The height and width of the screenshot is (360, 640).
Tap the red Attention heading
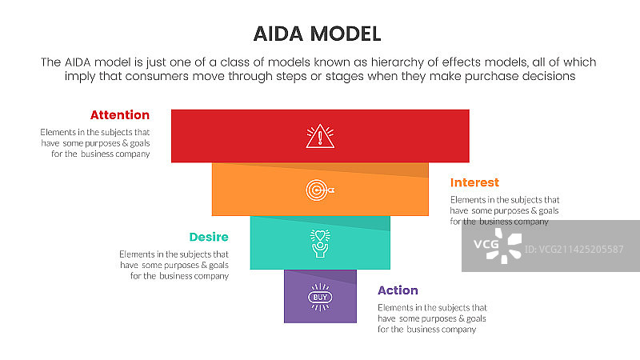[x=119, y=115]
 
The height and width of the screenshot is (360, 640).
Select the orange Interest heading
[x=474, y=183]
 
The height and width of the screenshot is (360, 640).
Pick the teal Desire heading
[x=209, y=238]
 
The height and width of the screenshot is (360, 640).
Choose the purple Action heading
[x=398, y=290]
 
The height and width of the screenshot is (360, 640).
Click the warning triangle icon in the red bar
[x=320, y=136]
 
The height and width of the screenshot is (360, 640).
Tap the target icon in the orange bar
[x=320, y=190]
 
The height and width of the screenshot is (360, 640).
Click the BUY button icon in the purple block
[x=320, y=297]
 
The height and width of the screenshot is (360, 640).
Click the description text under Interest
[x=504, y=210]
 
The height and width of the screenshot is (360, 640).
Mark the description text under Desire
[x=174, y=265]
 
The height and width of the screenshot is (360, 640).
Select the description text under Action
[x=432, y=318]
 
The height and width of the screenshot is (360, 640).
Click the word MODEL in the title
[x=345, y=33]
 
